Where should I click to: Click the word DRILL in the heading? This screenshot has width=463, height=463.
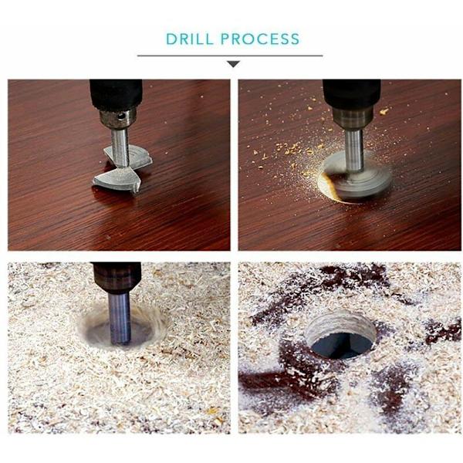(x=189, y=39)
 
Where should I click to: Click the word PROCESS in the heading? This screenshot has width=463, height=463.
(x=260, y=39)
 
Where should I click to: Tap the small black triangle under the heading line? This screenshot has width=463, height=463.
(x=234, y=64)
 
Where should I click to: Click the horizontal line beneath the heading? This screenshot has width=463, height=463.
(x=230, y=56)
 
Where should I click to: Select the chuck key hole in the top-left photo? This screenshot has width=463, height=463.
(x=121, y=117)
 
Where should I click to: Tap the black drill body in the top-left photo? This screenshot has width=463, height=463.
(x=116, y=94)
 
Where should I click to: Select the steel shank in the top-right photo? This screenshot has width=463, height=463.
(x=353, y=150)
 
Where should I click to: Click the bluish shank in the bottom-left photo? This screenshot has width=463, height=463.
(x=120, y=318)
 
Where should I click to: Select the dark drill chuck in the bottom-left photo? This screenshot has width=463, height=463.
(x=117, y=278)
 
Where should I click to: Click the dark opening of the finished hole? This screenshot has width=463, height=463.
(x=341, y=346)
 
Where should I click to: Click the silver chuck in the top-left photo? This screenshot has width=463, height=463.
(x=118, y=118)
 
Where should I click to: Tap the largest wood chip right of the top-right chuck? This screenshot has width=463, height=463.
(x=384, y=111)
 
